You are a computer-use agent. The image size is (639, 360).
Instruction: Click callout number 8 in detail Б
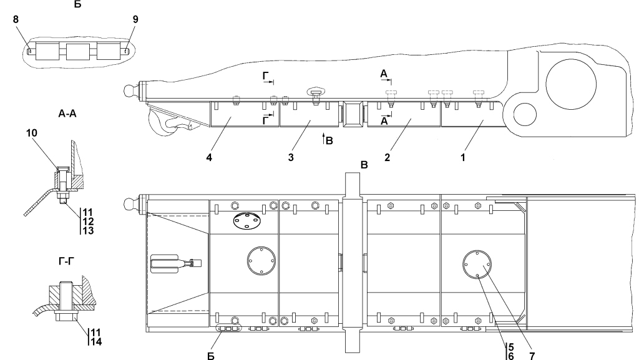16,19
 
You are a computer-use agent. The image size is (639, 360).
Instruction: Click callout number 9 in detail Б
135,19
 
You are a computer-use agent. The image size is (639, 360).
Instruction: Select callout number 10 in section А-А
32,133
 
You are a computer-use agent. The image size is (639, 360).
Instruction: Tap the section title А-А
67,114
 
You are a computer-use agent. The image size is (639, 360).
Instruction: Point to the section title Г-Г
66,261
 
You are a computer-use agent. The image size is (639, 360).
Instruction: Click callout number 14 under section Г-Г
96,341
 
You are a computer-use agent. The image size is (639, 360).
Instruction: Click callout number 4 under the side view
209,157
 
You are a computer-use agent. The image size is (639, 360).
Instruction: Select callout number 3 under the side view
291,157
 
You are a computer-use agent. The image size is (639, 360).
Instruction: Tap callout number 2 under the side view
387,157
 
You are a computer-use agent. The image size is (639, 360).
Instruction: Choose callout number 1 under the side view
462,157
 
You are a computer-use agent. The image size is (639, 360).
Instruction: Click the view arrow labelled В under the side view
324,139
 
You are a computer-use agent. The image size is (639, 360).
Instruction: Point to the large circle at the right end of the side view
571,85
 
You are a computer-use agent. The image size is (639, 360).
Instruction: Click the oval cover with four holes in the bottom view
246,220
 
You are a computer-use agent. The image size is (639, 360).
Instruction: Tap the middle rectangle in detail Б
77,52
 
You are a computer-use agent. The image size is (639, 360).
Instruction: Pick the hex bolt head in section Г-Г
65,317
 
